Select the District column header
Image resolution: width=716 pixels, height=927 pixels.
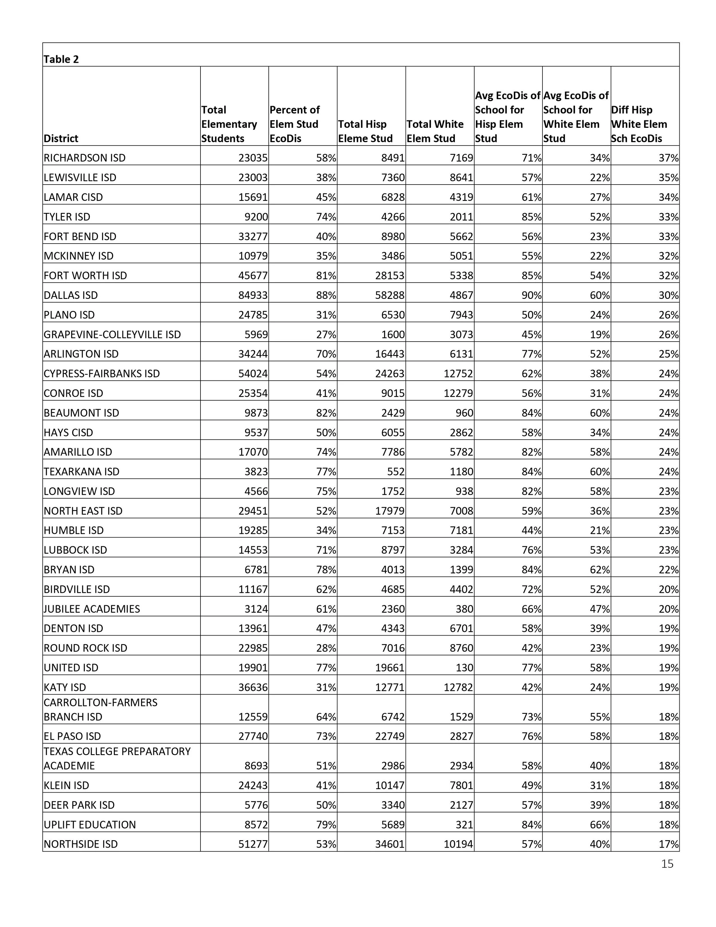coord(61,138)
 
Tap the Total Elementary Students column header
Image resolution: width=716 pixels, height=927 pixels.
coord(229,124)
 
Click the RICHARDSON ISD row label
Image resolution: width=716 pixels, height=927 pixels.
coord(84,158)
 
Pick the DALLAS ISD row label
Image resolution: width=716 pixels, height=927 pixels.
coord(70,295)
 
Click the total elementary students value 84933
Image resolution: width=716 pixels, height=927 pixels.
coord(253,295)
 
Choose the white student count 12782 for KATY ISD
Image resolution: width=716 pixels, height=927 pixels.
coord(458,687)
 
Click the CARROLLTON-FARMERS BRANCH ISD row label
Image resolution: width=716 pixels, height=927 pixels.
coord(100,709)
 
